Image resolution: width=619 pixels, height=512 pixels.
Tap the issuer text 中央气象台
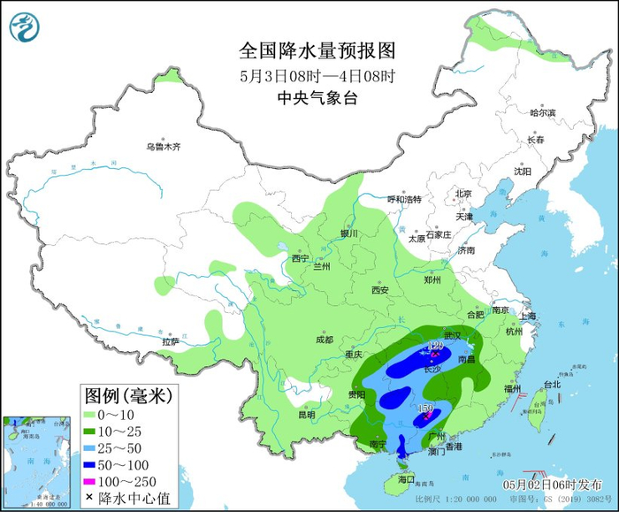(x=317, y=98)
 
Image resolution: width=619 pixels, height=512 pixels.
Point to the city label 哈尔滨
(x=542, y=113)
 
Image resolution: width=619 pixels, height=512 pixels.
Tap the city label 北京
(x=463, y=194)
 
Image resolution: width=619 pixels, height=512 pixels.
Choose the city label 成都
(x=323, y=340)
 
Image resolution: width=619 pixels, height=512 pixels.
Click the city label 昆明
(x=306, y=414)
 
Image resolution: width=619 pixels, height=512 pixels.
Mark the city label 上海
(x=529, y=316)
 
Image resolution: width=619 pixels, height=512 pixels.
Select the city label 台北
(x=552, y=385)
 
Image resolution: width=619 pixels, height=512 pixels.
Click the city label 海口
(x=406, y=478)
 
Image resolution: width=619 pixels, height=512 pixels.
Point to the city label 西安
(x=380, y=289)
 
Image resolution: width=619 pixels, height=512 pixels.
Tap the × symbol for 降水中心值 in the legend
(x=91, y=500)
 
